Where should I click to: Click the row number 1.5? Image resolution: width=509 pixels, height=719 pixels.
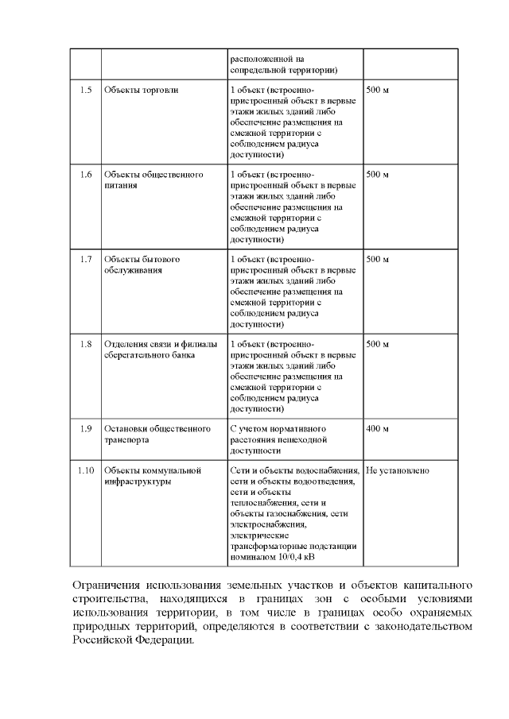click(x=86, y=90)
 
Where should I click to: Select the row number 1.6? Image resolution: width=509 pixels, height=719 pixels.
click(x=86, y=175)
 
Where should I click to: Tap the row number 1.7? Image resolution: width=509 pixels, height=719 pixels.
click(x=86, y=260)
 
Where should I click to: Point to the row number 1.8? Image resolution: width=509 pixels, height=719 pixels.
click(x=86, y=345)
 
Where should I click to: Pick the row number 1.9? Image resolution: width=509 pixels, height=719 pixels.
click(x=86, y=429)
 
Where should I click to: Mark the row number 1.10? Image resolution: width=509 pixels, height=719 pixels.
click(x=86, y=471)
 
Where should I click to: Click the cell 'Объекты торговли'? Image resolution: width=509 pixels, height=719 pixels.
click(x=142, y=90)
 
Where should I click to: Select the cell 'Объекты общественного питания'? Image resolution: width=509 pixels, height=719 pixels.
click(x=153, y=180)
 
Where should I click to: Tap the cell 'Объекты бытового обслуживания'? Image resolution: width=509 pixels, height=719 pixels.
click(x=142, y=265)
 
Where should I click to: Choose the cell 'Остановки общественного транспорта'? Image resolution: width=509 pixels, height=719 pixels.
click(x=157, y=434)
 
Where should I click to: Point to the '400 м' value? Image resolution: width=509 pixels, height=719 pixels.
click(x=377, y=429)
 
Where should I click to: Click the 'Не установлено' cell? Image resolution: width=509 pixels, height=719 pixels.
click(x=398, y=471)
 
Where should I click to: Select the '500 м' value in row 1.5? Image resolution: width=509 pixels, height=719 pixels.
click(x=377, y=90)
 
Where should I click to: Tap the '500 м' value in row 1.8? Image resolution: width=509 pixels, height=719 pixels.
click(x=377, y=345)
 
